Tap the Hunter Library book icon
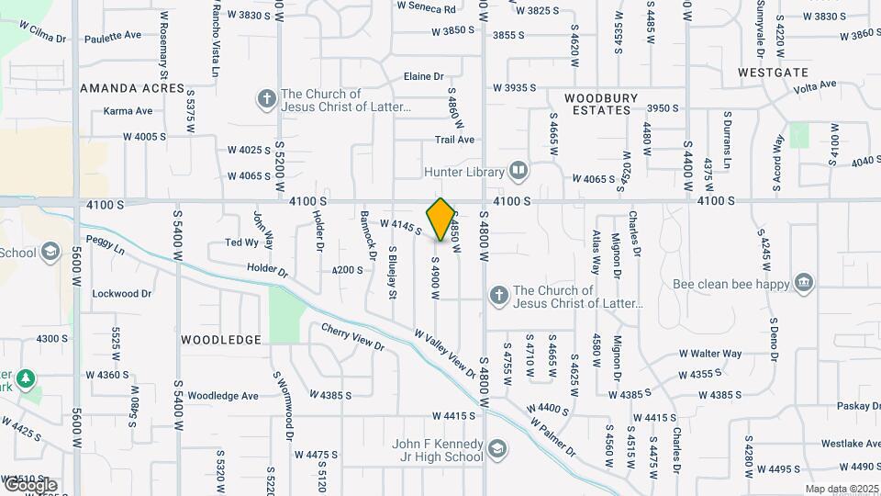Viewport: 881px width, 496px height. click(x=519, y=171)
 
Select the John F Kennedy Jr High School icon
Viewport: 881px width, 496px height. click(x=496, y=448)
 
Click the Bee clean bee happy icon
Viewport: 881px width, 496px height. click(x=804, y=281)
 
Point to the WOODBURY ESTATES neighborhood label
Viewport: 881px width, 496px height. click(x=597, y=103)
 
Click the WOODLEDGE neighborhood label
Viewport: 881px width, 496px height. click(x=221, y=340)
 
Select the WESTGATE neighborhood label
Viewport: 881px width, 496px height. click(x=774, y=72)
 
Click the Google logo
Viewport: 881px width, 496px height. click(x=29, y=484)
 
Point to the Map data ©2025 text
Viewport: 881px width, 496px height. click(x=841, y=489)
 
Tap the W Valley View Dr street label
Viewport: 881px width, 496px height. click(x=445, y=355)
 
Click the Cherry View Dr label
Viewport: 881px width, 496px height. click(x=352, y=336)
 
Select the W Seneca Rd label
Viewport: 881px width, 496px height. click(x=426, y=7)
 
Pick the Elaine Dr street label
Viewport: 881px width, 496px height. click(x=423, y=77)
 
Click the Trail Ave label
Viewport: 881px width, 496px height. click(x=454, y=140)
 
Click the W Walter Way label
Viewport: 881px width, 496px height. click(x=710, y=354)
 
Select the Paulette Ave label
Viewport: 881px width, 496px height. click(x=113, y=36)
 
